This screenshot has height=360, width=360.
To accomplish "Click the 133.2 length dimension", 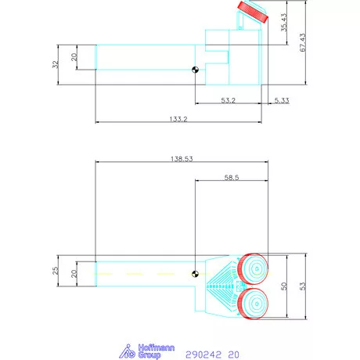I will click(x=177, y=117).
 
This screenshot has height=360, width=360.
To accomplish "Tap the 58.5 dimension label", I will click(x=232, y=178).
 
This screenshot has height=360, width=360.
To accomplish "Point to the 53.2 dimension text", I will click(x=229, y=99).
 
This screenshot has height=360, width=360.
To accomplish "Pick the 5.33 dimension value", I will click(x=282, y=99).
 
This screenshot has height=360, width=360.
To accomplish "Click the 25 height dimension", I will click(x=56, y=272).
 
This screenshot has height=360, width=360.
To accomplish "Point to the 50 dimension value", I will click(x=284, y=286).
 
